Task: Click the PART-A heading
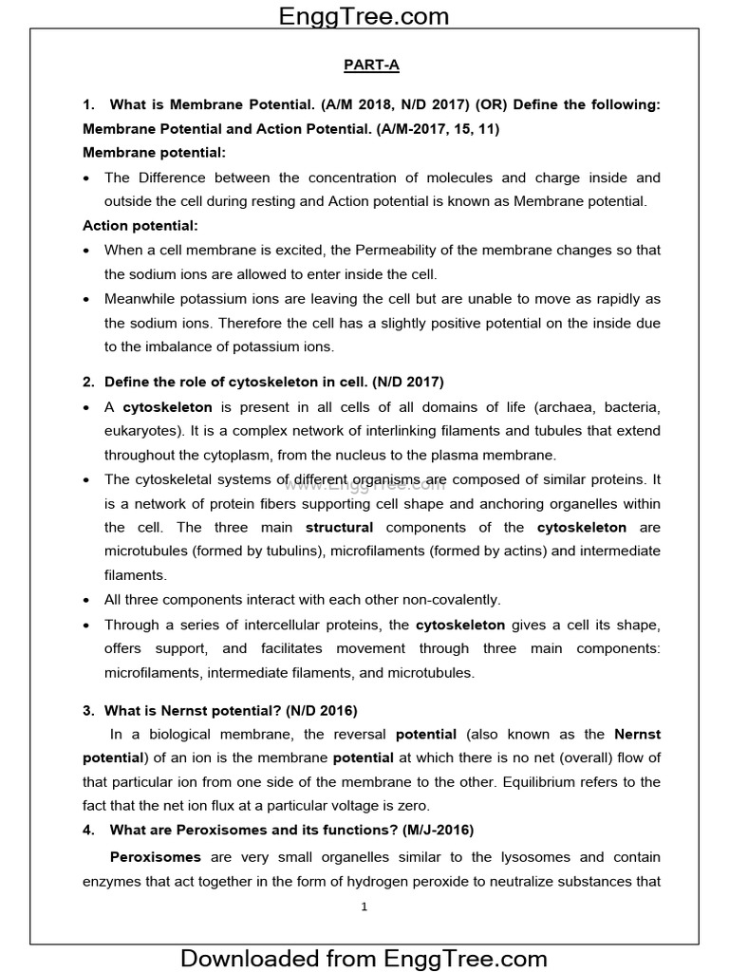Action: [364, 65]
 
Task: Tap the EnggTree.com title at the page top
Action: [364, 15]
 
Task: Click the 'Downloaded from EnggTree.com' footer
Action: [364, 957]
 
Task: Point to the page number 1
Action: [364, 907]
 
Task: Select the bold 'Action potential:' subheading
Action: [140, 226]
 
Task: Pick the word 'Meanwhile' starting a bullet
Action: [141, 299]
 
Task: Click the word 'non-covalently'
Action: [452, 600]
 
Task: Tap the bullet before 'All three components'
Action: [87, 601]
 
